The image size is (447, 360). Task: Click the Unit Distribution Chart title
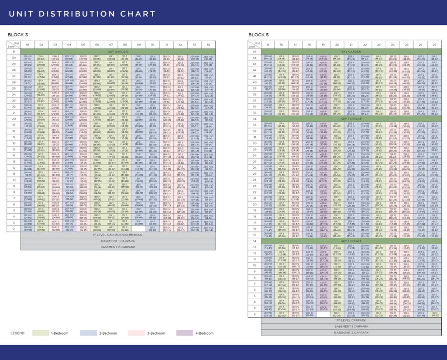click(82, 14)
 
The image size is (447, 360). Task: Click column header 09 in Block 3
click(139, 45)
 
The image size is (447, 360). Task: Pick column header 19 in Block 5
click(323, 45)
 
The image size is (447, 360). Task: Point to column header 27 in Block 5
click(434, 45)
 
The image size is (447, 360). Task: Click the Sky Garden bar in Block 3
click(118, 51)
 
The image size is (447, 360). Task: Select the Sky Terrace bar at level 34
click(351, 119)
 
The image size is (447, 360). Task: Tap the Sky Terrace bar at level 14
click(351, 241)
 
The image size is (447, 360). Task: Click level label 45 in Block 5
click(254, 51)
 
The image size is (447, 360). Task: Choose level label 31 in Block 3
click(14, 51)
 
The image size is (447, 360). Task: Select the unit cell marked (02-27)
click(434, 314)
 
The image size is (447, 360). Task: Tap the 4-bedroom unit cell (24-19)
click(323, 180)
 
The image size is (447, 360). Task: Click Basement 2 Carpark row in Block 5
click(351, 332)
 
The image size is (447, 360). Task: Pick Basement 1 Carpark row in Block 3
click(118, 241)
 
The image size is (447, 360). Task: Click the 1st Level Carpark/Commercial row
click(118, 235)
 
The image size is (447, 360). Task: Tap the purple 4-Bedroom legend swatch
click(184, 333)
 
